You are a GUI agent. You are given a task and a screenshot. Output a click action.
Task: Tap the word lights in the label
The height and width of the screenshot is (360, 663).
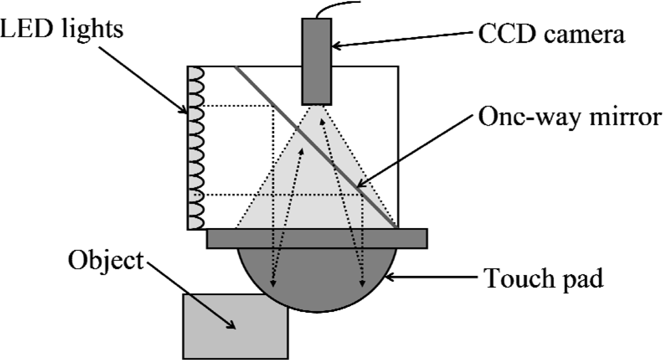tap(93, 30)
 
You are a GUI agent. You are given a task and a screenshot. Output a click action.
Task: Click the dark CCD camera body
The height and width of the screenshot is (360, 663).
tap(316, 62)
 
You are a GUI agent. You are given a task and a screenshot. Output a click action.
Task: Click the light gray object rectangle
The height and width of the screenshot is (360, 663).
tap(235, 326)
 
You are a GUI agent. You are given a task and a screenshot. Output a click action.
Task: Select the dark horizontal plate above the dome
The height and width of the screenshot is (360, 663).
tap(317, 238)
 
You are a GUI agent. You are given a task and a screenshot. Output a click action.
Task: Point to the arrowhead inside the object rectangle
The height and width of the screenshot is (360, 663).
tap(231, 325)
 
